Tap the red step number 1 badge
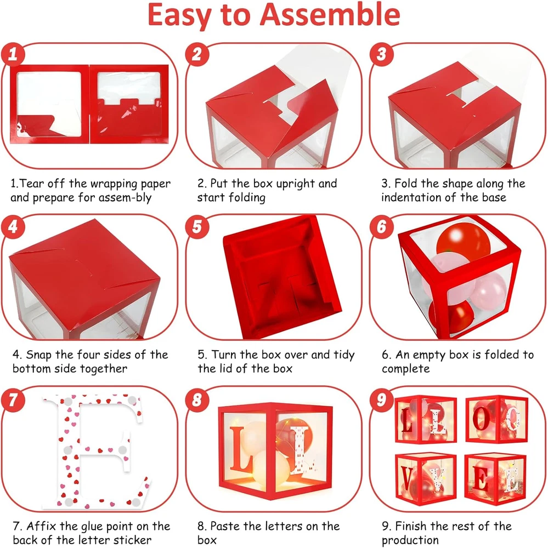13,54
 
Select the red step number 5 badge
197,226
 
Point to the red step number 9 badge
381,399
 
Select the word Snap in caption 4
39,355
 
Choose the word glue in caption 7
92,526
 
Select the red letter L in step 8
241,449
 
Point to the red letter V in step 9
407,479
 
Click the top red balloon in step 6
464,241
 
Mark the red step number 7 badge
13,399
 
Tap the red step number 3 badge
381,54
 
